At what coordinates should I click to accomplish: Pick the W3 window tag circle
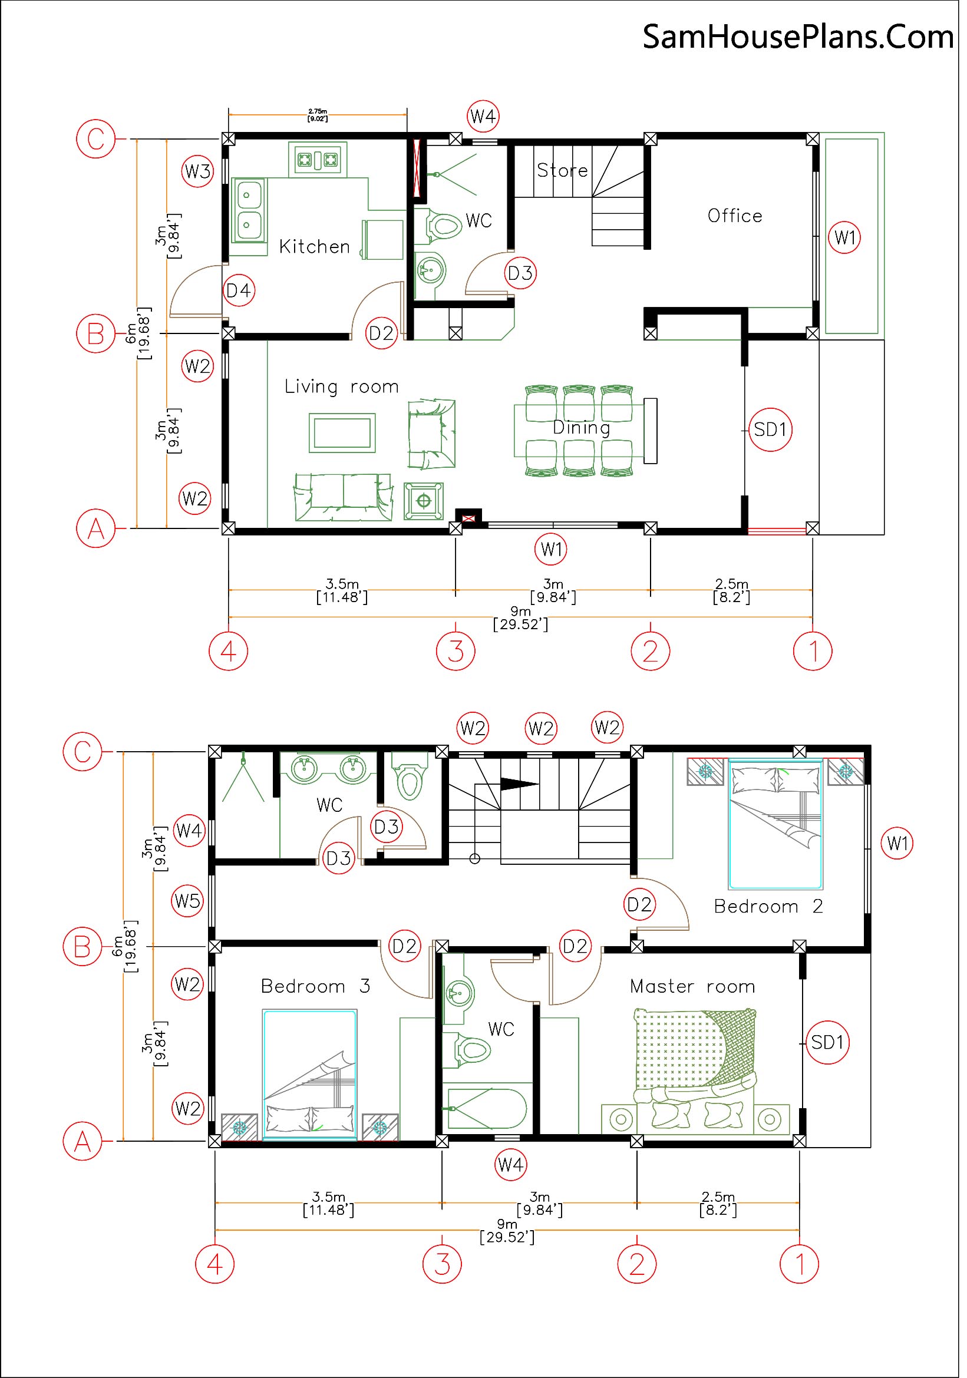coord(199,172)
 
